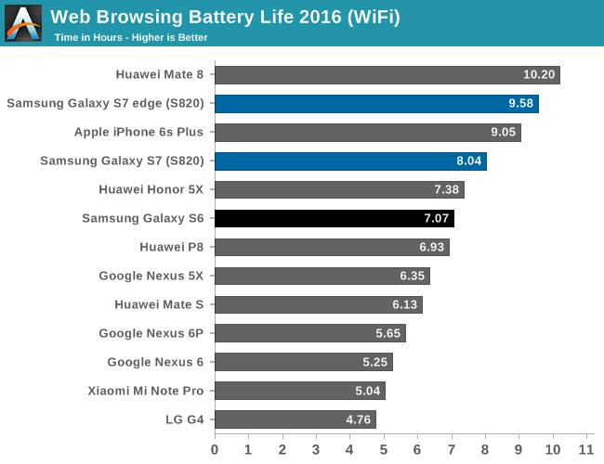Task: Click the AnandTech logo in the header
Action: point(23,23)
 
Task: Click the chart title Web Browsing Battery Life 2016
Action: point(225,17)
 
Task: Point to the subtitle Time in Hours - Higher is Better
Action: point(130,38)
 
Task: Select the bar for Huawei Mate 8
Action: point(387,75)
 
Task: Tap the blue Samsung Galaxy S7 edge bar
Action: point(376,104)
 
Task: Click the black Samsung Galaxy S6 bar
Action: point(334,219)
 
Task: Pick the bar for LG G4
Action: point(295,419)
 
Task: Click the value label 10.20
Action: point(540,75)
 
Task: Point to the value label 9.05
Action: point(501,133)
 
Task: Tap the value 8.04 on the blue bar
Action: point(467,161)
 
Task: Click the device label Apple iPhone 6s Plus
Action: point(151,132)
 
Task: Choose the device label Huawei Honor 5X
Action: point(151,189)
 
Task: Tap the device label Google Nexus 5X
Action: point(151,276)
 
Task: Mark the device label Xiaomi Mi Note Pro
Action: point(145,391)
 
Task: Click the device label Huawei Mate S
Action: point(159,304)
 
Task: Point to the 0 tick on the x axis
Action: point(215,450)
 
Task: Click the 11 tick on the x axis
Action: point(585,450)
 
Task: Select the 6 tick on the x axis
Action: point(417,450)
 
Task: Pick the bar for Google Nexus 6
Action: point(303,362)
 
